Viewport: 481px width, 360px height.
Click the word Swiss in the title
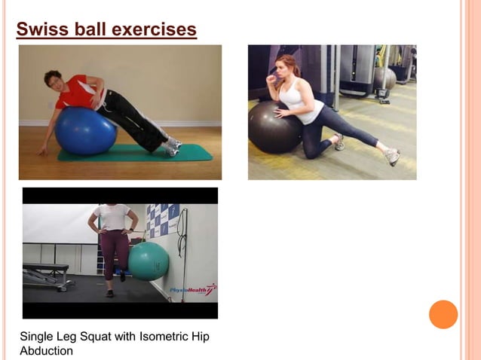click(x=41, y=29)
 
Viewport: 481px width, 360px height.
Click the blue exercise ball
click(x=84, y=130)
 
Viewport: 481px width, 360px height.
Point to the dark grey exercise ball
click(x=274, y=128)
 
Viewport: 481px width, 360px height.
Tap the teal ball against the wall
click(x=149, y=261)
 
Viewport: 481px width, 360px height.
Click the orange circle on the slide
click(x=443, y=314)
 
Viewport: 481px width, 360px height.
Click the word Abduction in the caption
click(x=46, y=350)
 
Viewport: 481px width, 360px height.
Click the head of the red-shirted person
click(x=54, y=80)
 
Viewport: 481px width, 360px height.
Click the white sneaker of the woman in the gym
click(x=392, y=156)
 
